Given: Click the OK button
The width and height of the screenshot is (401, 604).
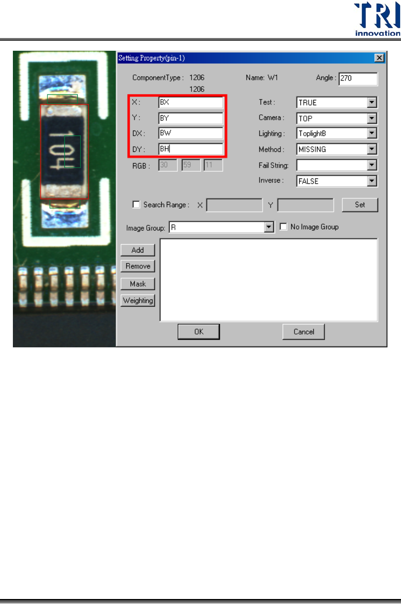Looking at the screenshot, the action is pos(199,332).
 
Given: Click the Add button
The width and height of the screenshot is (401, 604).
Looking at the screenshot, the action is pos(138,250).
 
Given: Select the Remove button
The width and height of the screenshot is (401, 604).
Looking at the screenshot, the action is pos(138,266).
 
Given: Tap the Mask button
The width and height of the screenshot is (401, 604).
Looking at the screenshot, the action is pos(138,284).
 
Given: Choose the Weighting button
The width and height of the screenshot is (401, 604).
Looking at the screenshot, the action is pos(138,300).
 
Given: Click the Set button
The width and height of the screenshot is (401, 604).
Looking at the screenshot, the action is pos(359,205).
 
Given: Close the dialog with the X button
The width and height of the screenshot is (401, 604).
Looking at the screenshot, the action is pos(379,58).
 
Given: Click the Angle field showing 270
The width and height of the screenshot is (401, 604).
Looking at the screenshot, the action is pos(358,78).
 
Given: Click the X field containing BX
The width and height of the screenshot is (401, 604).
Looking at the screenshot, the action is pos(191,102).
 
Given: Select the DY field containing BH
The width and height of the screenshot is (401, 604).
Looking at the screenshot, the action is pos(191,149).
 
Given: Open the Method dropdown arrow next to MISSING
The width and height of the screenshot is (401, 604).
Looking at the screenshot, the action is pos(372,149).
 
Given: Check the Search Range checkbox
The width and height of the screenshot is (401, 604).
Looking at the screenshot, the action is pos(136,204).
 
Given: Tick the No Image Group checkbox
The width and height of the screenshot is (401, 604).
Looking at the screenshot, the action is pos(283,227).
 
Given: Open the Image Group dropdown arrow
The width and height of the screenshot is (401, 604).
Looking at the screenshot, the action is pos(269,227).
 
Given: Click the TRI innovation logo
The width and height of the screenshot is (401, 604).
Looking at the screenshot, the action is pos(377,19).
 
